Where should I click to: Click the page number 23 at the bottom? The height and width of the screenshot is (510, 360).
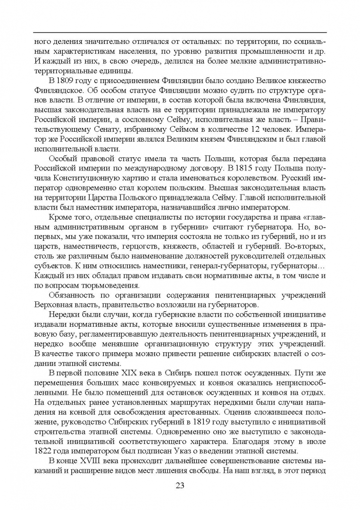[x=180, y=486]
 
